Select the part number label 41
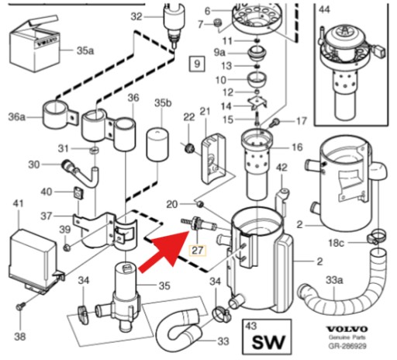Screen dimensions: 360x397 pos(17,204)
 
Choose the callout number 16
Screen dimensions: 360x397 pos(297,147)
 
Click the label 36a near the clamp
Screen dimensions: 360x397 pos(16,117)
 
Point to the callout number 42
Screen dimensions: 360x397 pos(281,168)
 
